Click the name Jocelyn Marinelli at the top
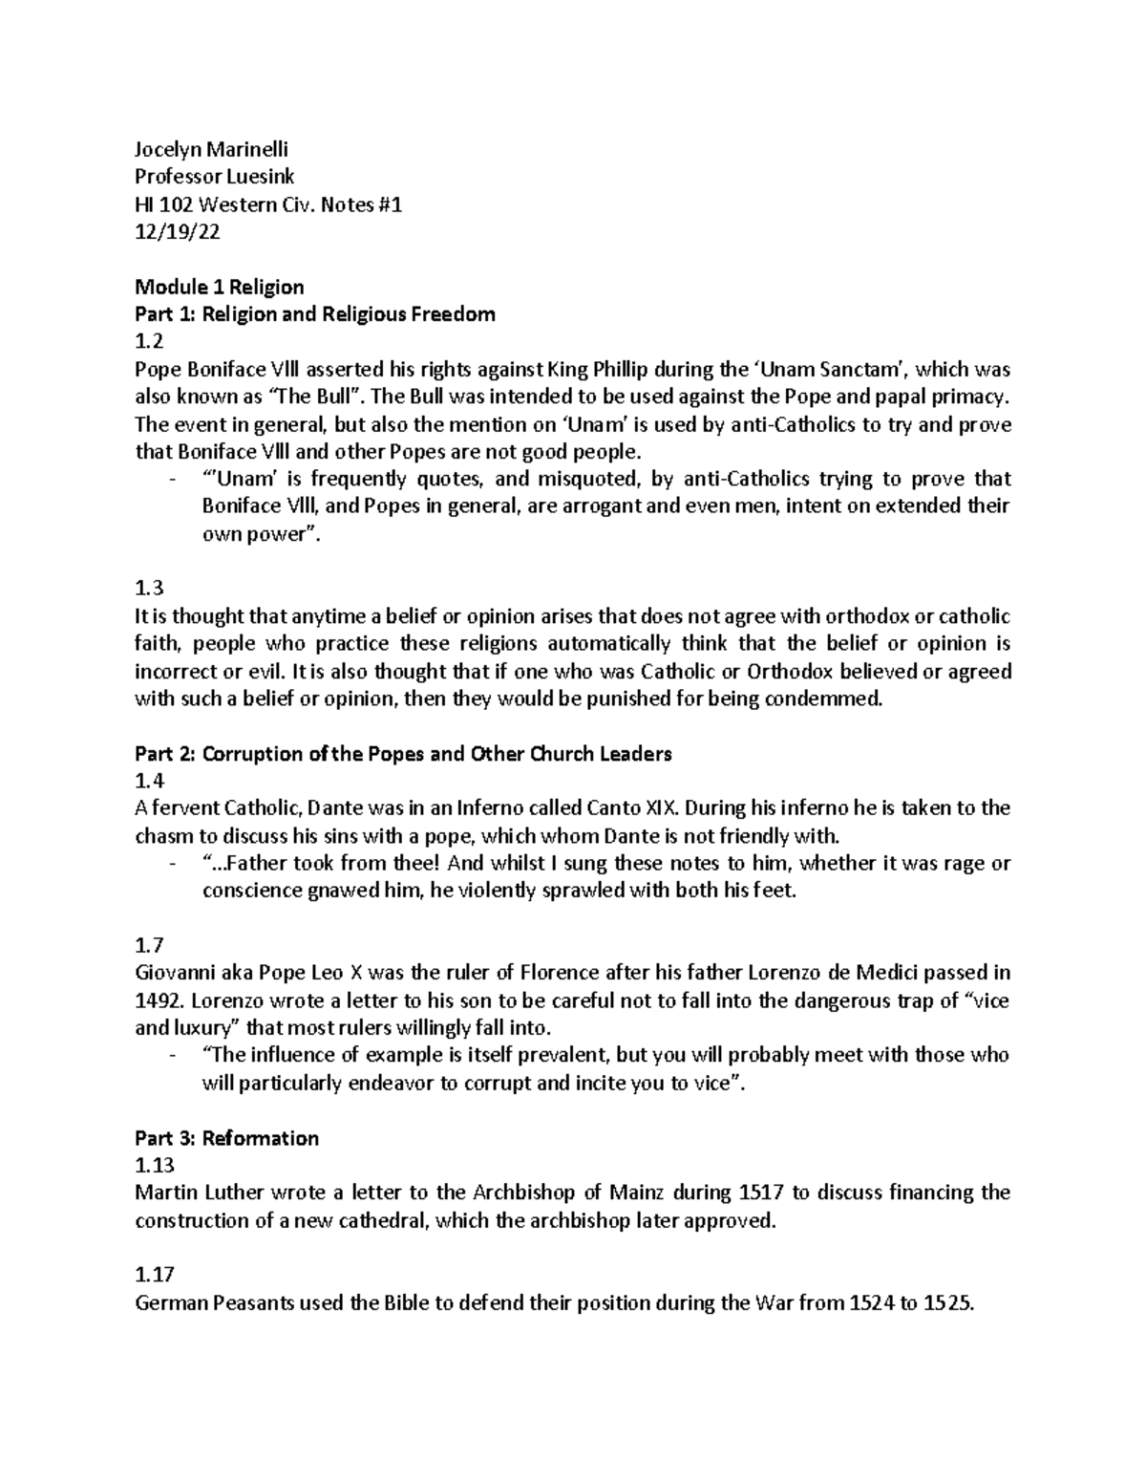[211, 149]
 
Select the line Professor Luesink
[215, 177]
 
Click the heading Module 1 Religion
[220, 287]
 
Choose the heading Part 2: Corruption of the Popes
[403, 754]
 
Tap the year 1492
[156, 1001]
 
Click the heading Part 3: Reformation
[227, 1138]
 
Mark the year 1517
[763, 1194]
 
